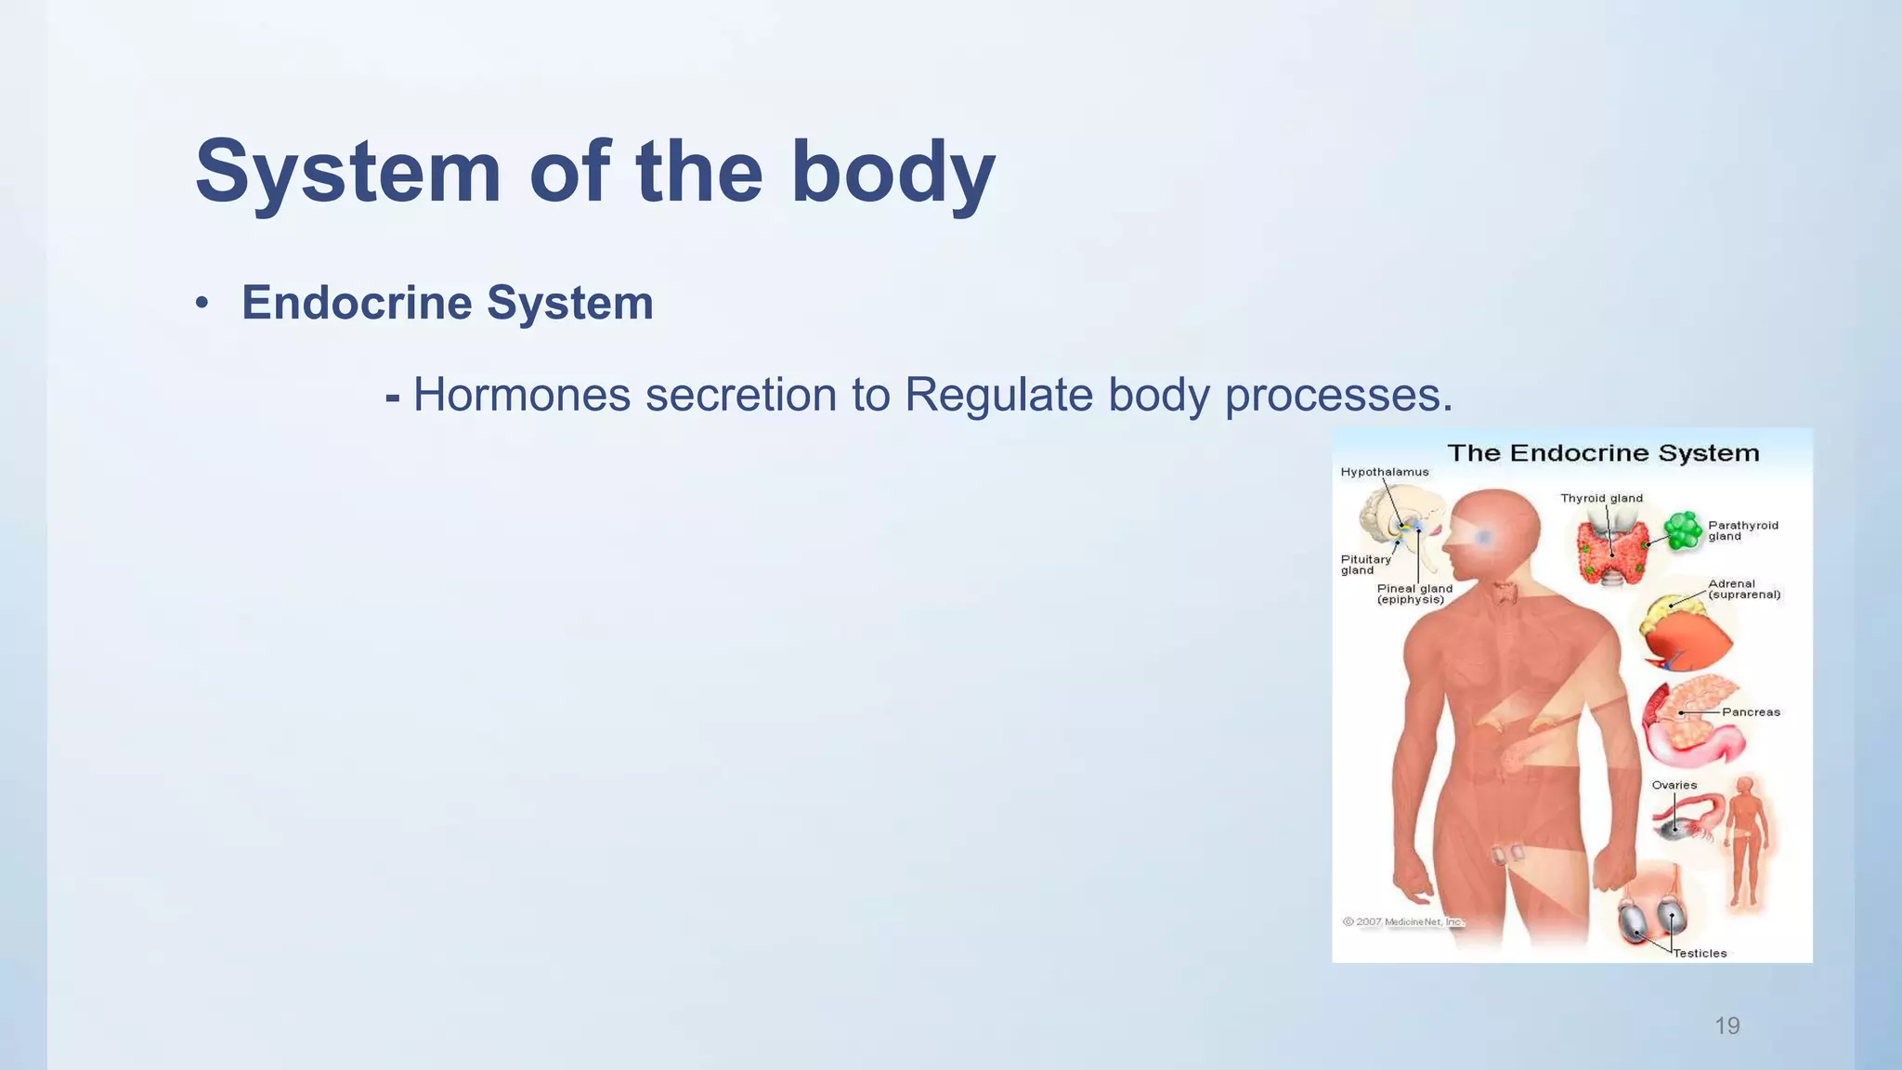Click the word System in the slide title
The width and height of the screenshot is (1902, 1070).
pyautogui.click(x=348, y=172)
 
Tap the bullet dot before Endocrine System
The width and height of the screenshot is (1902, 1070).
pyautogui.click(x=202, y=305)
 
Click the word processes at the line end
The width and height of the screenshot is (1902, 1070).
pyautogui.click(x=1337, y=395)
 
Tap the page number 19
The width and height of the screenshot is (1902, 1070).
pyautogui.click(x=1726, y=1025)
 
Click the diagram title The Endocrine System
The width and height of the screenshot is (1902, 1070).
pyautogui.click(x=1603, y=453)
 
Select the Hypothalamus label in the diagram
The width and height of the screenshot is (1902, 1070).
pyautogui.click(x=1384, y=472)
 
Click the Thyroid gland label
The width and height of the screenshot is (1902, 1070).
pyautogui.click(x=1601, y=498)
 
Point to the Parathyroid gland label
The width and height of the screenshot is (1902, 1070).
pyautogui.click(x=1742, y=530)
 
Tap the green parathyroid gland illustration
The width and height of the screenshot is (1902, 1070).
pyautogui.click(x=1682, y=530)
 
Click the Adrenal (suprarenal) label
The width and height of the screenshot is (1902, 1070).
pyautogui.click(x=1743, y=589)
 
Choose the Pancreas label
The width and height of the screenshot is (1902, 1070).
pyautogui.click(x=1750, y=712)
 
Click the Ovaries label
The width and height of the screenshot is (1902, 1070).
pyautogui.click(x=1674, y=785)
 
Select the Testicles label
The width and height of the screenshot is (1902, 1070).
pyautogui.click(x=1700, y=953)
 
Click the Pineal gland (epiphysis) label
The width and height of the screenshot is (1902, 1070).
pyautogui.click(x=1413, y=594)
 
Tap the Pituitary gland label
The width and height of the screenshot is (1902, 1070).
pyautogui.click(x=1364, y=565)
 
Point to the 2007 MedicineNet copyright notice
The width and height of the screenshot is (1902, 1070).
pyautogui.click(x=1402, y=921)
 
